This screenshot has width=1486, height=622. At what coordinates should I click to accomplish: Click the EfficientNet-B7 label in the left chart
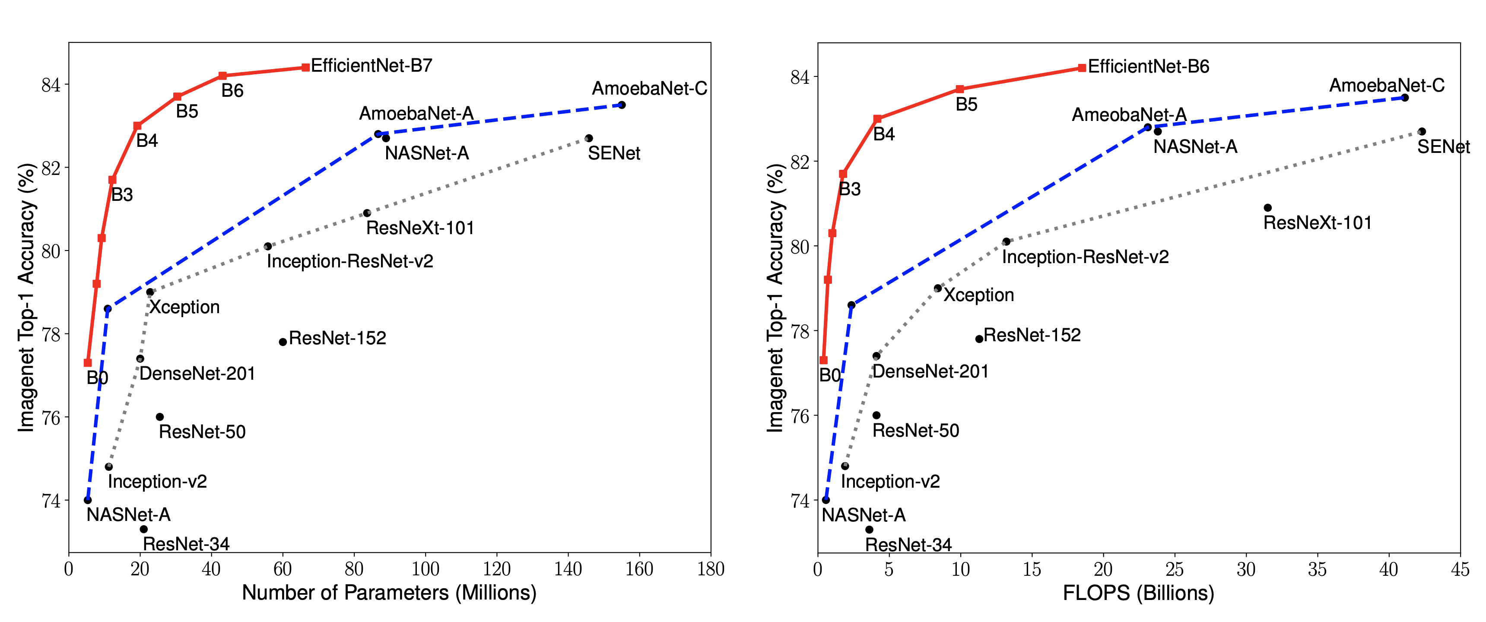pos(371,65)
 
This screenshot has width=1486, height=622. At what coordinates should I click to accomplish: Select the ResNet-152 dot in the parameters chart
pos(283,342)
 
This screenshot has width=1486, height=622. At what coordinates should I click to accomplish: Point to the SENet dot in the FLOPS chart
pos(1422,132)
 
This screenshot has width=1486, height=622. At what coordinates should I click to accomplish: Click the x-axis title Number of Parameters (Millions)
pos(389,593)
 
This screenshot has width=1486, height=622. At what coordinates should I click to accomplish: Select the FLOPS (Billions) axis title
pos(1138,593)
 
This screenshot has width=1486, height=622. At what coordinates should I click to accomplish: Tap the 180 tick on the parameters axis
pos(711,569)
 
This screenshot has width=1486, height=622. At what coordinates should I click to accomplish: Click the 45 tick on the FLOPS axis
pos(1460,569)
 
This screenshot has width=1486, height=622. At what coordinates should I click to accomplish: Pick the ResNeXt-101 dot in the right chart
pos(1267,208)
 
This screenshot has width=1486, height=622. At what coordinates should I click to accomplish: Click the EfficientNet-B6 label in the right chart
pos(1149,67)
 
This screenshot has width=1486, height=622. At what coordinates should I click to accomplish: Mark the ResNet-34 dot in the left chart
pos(144,529)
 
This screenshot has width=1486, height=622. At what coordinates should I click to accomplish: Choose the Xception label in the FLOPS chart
pos(978,295)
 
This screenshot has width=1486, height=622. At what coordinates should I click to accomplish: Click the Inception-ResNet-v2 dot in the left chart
pos(268,246)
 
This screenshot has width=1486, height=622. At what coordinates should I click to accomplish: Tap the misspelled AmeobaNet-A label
pos(1129,115)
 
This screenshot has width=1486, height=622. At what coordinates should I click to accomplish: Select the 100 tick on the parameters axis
pos(425,569)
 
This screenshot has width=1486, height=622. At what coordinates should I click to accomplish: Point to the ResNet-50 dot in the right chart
pos(876,415)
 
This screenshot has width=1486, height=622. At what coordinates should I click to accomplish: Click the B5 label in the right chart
pos(966,105)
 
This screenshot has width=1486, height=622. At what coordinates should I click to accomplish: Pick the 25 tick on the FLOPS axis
pos(1175,569)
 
